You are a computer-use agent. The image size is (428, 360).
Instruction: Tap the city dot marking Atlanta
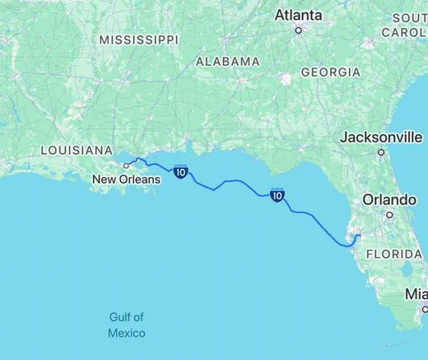click(x=299, y=30)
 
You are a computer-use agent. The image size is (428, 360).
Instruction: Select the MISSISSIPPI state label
click(x=138, y=40)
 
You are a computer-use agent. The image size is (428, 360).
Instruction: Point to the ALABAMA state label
click(x=228, y=62)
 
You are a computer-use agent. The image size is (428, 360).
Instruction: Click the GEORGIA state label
click(x=331, y=72)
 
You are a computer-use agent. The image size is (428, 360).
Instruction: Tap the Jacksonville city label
click(x=381, y=137)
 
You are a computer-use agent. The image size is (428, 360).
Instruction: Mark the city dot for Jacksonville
click(x=381, y=152)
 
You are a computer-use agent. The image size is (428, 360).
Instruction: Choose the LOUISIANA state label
click(x=75, y=151)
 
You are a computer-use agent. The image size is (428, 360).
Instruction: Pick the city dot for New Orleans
click(x=126, y=165)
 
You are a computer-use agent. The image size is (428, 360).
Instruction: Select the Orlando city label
click(x=390, y=200)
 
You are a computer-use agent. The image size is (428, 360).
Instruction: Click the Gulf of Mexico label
click(x=127, y=325)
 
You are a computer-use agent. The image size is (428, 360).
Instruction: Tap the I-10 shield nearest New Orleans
click(x=180, y=171)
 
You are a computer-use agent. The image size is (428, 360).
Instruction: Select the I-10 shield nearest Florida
click(x=277, y=195)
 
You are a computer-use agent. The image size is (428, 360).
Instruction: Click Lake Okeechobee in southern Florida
click(x=406, y=271)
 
